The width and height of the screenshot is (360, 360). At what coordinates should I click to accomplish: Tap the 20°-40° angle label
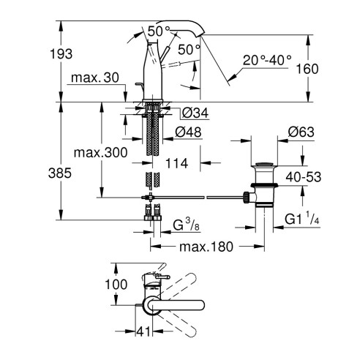(268, 59)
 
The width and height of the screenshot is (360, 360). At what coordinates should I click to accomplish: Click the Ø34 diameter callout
(192, 112)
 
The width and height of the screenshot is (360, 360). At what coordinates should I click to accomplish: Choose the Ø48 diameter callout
(192, 132)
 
